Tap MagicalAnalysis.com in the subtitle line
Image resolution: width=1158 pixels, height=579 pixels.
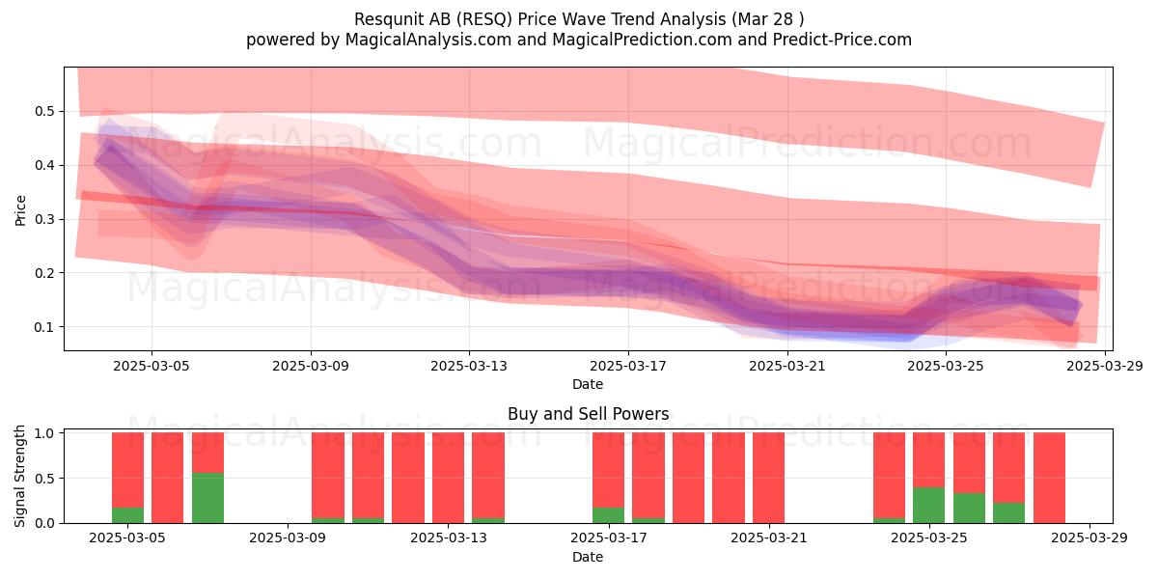point(428,40)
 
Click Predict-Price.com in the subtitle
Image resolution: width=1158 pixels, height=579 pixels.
point(842,40)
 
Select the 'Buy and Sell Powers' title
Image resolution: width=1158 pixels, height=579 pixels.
point(589,414)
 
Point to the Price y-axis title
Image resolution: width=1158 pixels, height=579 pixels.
point(20,210)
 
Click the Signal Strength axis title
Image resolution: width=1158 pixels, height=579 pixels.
point(19,476)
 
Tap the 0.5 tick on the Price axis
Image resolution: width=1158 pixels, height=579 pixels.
point(44,111)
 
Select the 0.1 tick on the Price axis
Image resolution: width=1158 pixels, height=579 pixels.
point(44,327)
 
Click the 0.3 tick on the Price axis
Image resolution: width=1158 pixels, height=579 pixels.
point(44,219)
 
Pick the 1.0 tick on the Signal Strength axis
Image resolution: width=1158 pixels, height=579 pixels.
point(44,433)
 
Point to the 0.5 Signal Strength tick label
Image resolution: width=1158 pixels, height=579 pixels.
point(44,479)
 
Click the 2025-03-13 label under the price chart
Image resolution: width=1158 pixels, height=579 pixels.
point(469,366)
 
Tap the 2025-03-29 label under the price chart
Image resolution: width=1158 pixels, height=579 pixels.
point(1105,366)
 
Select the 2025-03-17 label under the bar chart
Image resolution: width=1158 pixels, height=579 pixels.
point(609,538)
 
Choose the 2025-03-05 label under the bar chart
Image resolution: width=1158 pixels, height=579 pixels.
point(127,538)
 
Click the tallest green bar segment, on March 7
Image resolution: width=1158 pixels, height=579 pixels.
point(207,498)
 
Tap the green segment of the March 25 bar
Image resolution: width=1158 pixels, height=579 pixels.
point(928,505)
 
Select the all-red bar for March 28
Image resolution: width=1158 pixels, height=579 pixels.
point(1049,478)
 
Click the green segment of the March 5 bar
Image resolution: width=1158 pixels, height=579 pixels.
point(127,515)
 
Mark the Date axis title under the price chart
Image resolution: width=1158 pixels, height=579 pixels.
point(588,384)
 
